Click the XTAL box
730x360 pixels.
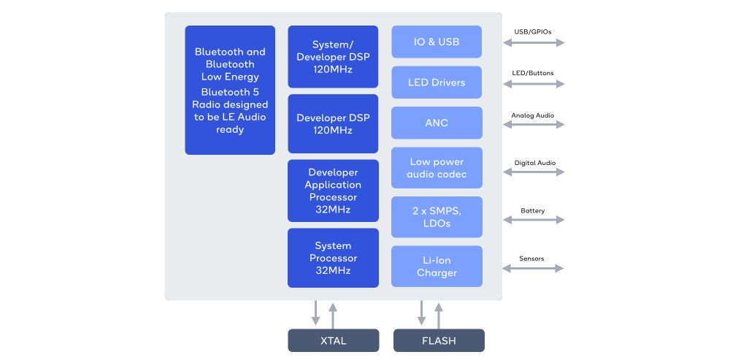coord(334,340)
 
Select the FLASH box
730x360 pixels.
coord(439,340)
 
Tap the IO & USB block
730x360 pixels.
coord(437,42)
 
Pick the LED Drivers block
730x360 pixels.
coord(437,83)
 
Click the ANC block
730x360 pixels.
coord(437,123)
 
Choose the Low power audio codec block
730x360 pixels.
coord(437,168)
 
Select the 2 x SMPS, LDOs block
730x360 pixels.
coord(437,217)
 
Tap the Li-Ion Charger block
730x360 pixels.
coord(437,267)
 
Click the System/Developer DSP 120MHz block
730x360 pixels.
coord(333,57)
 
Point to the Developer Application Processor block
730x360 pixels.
coord(333,191)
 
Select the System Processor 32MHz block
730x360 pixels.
coord(333,258)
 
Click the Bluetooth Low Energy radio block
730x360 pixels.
coord(230,91)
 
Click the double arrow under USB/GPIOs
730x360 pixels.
coord(534,43)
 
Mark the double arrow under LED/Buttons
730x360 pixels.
coord(534,84)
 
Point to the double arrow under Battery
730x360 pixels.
coord(534,220)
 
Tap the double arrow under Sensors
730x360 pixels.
coord(533,268)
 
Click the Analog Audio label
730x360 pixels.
coord(533,115)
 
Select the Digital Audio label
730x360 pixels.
coord(535,163)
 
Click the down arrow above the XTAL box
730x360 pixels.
coord(315,313)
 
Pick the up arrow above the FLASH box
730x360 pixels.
coord(438,315)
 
